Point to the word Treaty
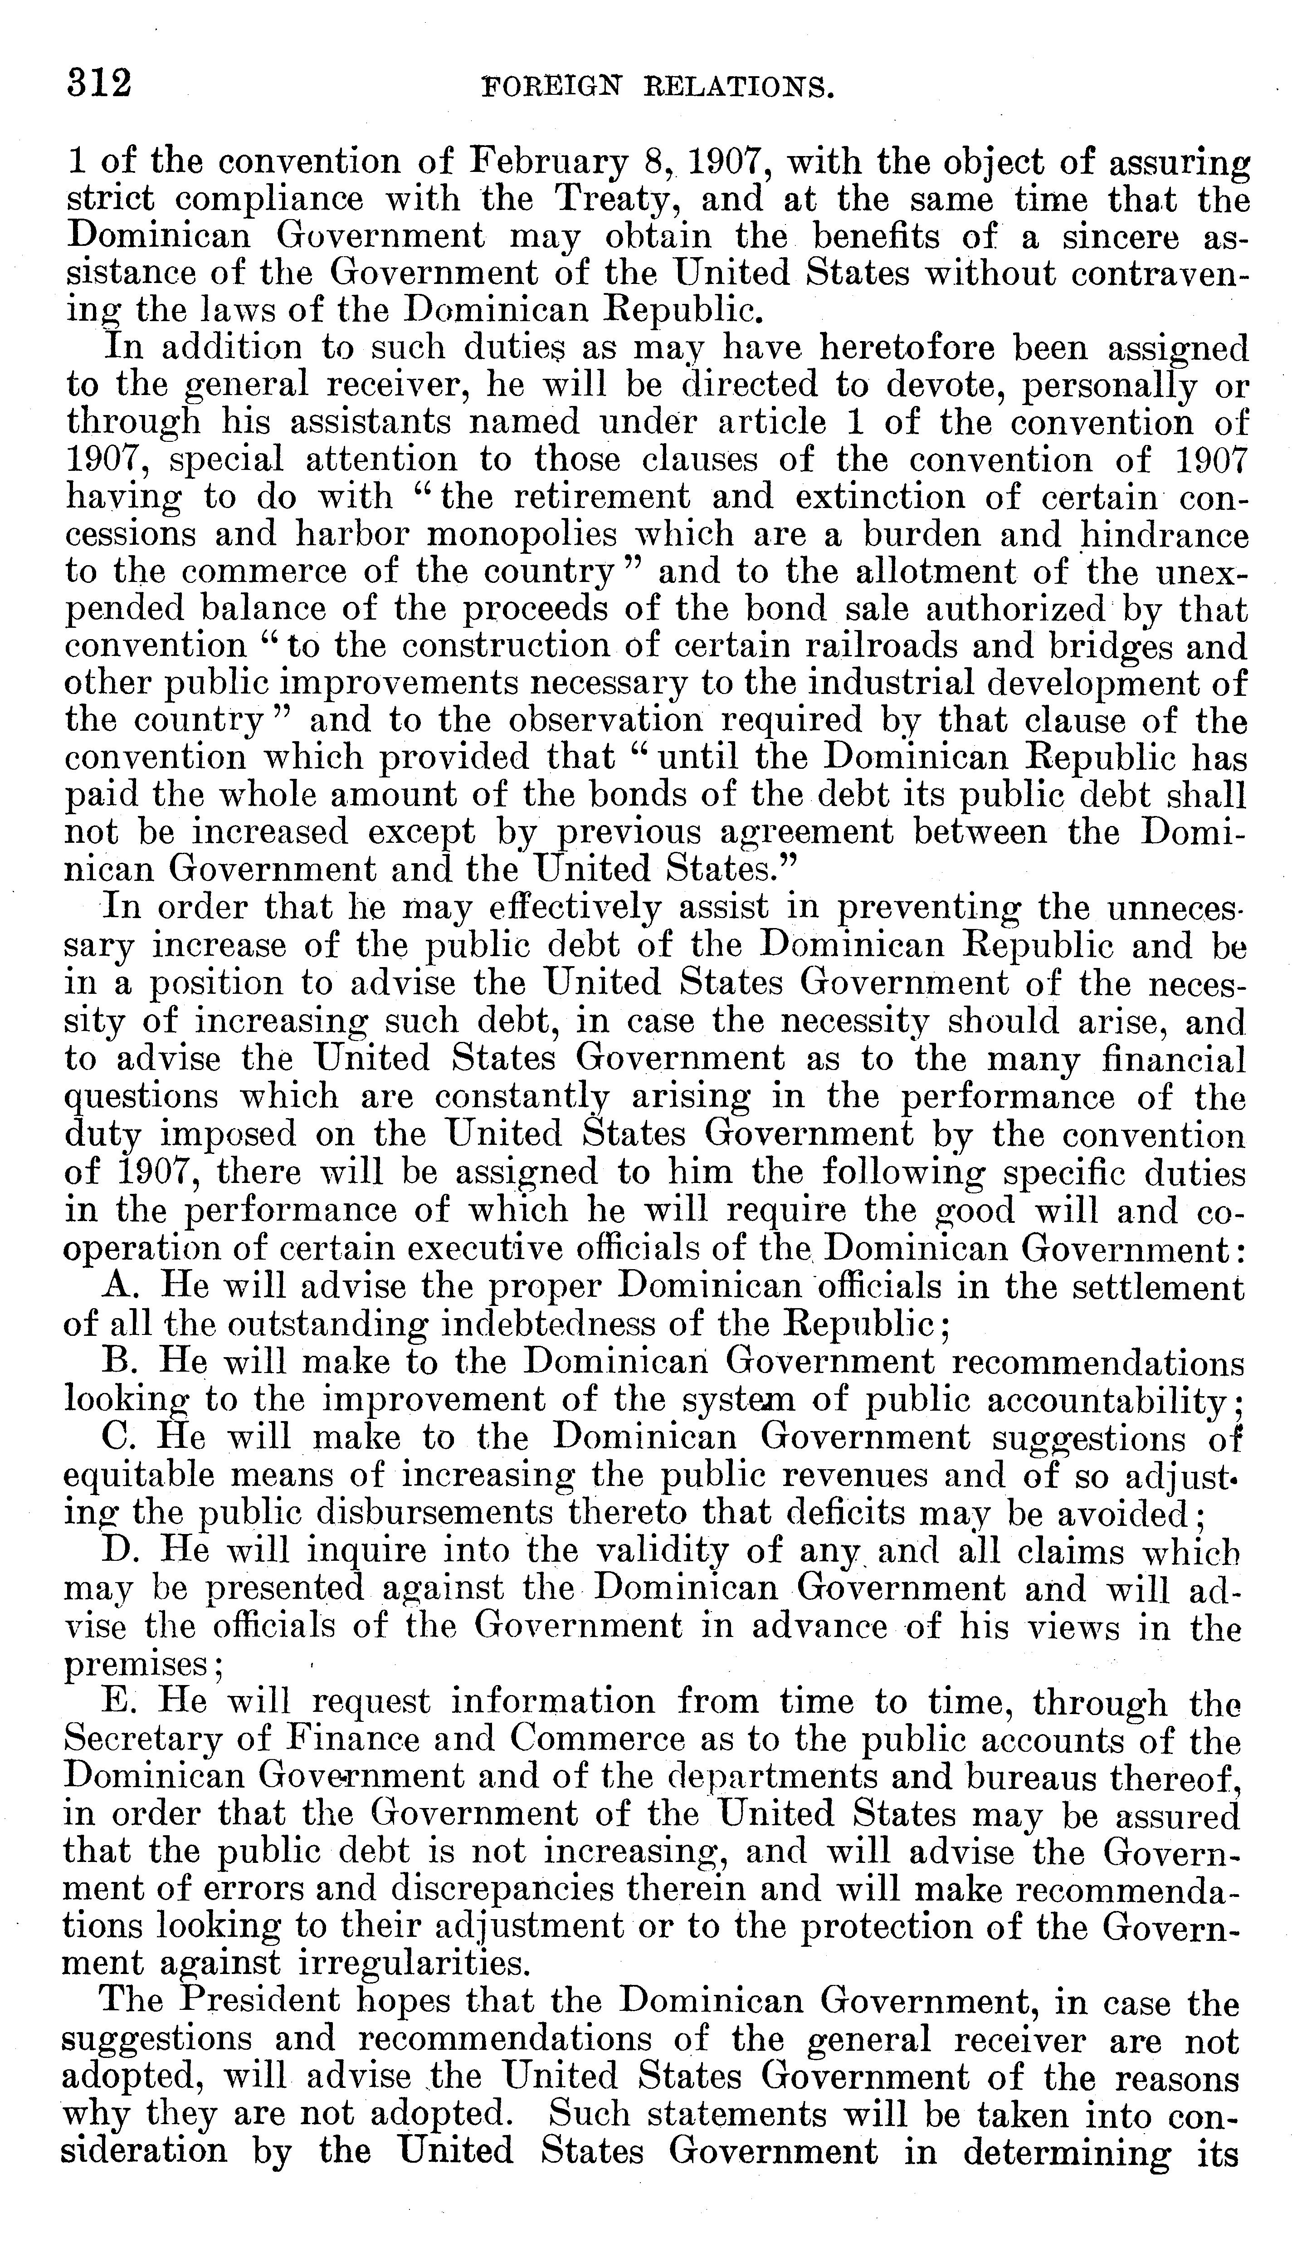pos(616,201)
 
